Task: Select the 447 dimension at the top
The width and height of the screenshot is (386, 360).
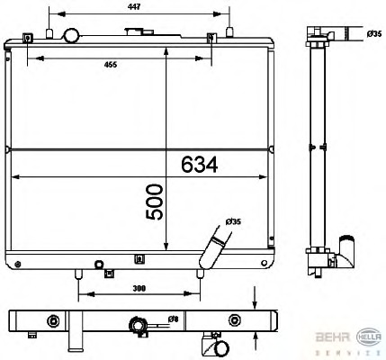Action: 134,5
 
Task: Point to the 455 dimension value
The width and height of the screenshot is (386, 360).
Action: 110,65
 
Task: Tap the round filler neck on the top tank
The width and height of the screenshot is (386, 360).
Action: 70,36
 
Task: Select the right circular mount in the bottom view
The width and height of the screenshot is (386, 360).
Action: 235,319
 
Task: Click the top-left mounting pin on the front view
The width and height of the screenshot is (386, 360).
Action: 29,36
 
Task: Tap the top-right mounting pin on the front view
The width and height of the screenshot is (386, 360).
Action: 230,34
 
